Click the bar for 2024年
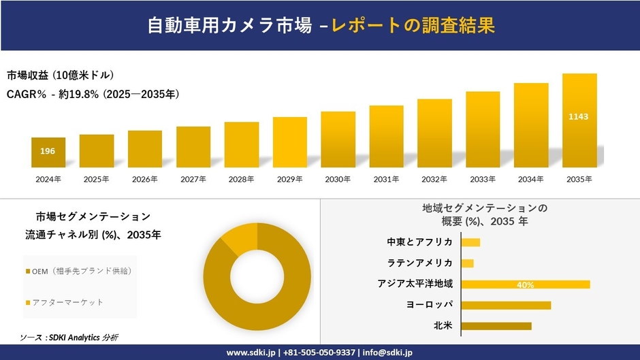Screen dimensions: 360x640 48,152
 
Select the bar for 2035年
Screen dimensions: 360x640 579,120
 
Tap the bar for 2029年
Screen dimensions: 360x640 290,142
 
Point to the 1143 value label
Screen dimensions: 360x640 579,116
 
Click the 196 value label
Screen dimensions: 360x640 48,151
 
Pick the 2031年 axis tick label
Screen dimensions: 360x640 386,179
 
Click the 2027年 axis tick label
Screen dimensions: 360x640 193,179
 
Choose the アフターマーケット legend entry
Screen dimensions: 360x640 65,301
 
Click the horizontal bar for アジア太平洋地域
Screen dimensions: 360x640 525,284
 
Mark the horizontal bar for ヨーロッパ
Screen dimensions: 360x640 506,305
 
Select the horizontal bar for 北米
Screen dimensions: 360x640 496,326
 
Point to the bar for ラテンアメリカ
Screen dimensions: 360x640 467,263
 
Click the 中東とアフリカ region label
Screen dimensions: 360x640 419,242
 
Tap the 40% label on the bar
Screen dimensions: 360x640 525,285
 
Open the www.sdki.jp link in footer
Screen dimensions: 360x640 250,353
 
